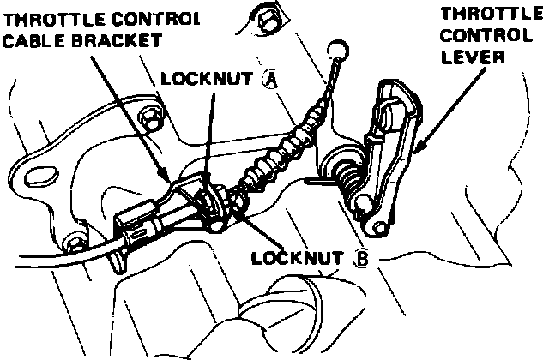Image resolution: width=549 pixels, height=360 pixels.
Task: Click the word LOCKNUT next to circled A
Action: click(206, 80)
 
